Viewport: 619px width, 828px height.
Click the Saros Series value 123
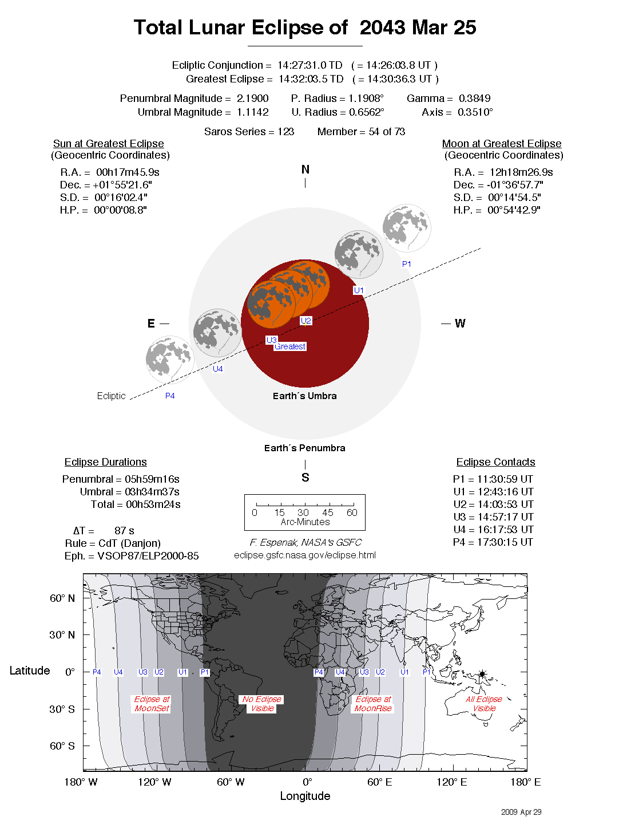tap(285, 132)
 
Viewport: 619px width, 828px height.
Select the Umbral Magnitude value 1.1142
tap(252, 112)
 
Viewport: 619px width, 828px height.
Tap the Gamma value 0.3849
tap(474, 98)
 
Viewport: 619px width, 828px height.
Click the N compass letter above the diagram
tap(305, 169)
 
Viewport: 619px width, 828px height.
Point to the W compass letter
tap(460, 324)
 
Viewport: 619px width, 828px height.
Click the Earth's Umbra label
tap(304, 396)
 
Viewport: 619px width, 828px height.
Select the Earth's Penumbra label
tap(304, 448)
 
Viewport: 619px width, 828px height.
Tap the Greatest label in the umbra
tap(289, 346)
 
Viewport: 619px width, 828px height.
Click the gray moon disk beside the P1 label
tap(406, 228)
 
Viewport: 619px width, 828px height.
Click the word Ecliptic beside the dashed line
tap(111, 396)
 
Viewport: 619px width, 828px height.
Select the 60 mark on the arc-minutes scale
tap(352, 512)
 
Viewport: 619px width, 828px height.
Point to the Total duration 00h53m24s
tap(153, 504)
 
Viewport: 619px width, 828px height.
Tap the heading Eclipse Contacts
tap(495, 462)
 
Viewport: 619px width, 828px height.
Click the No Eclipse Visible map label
tap(262, 704)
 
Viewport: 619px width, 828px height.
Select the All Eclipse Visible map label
tap(484, 704)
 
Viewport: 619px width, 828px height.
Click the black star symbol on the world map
tap(482, 675)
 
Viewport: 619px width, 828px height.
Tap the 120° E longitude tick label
tap(452, 782)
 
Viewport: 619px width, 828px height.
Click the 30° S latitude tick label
tap(62, 709)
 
